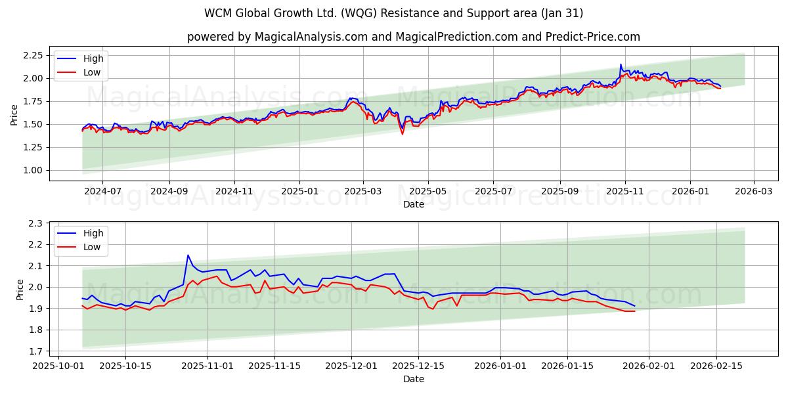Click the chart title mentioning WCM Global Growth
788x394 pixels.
coord(394,13)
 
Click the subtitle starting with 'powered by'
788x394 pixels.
coord(414,37)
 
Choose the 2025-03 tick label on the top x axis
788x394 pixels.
coord(363,191)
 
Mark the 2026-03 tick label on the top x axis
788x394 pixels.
coord(753,191)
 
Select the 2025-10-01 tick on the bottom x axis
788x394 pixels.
coord(59,366)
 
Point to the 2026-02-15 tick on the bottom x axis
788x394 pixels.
coord(716,366)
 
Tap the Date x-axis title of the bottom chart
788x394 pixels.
coord(414,379)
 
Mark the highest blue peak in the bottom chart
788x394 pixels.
coord(188,255)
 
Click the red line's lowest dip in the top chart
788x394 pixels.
coord(403,134)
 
